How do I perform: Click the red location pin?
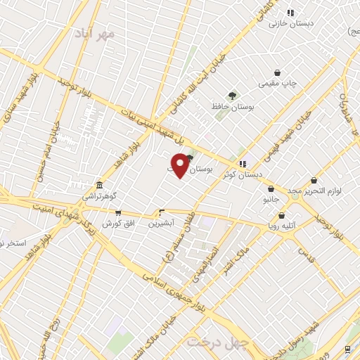click(181, 165)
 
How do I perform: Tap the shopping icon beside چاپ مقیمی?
click(278, 72)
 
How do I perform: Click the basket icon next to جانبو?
click(271, 188)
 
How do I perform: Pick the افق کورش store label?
click(117, 224)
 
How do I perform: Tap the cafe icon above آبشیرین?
click(162, 212)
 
